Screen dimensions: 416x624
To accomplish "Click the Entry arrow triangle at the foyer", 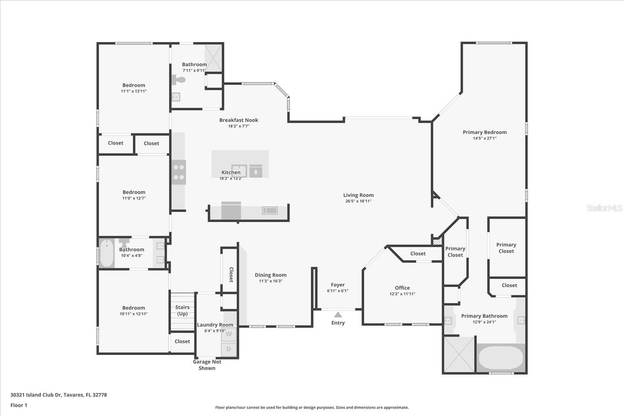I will tap(338, 315).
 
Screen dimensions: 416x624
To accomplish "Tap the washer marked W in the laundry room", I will tap(229, 334).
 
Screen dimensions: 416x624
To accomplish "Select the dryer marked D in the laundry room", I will tap(229, 349).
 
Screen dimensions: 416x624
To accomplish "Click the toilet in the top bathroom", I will tap(179, 80).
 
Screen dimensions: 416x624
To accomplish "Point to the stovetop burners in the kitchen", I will tap(179, 172).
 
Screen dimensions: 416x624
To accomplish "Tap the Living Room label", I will tap(358, 195).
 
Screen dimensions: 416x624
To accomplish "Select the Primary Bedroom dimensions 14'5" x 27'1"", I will tap(484, 138).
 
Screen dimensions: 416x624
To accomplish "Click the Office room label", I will tap(402, 288).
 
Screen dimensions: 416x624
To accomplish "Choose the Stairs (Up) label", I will tap(182, 310).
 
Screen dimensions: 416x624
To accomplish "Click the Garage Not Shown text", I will tap(207, 365).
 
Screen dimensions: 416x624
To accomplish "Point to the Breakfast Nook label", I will tap(239, 120).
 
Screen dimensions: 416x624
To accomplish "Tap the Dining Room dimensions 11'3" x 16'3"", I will tap(270, 281).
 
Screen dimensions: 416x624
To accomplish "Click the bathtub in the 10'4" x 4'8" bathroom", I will tap(106, 253).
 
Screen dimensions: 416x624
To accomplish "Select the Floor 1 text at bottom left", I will tap(19, 405).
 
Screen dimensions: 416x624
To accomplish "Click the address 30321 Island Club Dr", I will tap(58, 395).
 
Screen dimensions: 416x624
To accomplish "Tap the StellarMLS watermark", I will tap(604, 208).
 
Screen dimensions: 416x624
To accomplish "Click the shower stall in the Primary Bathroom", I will tap(459, 354).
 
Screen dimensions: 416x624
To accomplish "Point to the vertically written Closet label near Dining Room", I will tap(230, 274).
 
